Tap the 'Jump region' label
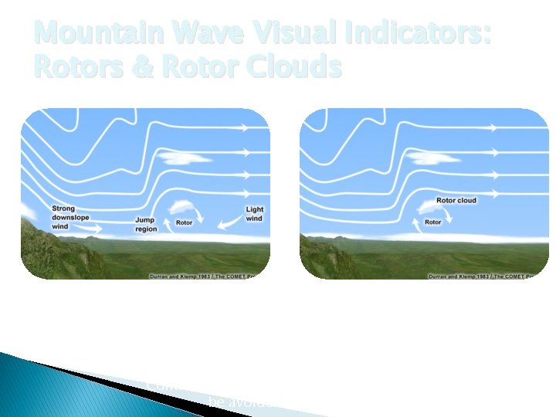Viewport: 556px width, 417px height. click(x=145, y=225)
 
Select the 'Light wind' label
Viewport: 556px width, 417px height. click(x=254, y=214)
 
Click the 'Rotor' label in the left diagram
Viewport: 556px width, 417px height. click(x=184, y=223)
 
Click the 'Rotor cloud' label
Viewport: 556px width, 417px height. click(x=456, y=200)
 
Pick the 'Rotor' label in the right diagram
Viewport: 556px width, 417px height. click(x=432, y=222)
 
